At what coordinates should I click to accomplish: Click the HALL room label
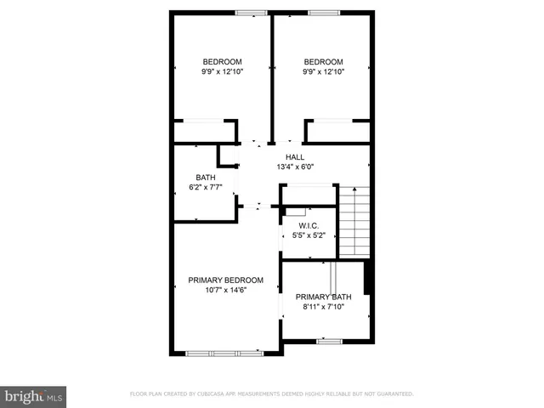pyautogui.click(x=295, y=157)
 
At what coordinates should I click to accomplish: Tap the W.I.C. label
pyautogui.click(x=309, y=225)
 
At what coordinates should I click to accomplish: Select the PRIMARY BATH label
pyautogui.click(x=323, y=297)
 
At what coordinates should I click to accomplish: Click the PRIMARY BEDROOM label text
pyautogui.click(x=225, y=280)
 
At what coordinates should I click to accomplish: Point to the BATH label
pyautogui.click(x=205, y=177)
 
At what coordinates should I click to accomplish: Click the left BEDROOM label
pyautogui.click(x=222, y=61)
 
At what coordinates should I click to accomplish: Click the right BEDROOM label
pyautogui.click(x=323, y=61)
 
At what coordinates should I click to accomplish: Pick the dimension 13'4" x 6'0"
pyautogui.click(x=295, y=167)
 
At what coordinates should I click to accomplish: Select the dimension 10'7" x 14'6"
pyautogui.click(x=225, y=291)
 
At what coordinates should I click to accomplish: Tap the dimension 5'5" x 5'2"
pyautogui.click(x=309, y=235)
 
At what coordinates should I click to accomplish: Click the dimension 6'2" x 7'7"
pyautogui.click(x=205, y=187)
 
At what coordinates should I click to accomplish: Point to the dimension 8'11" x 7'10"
pyautogui.click(x=323, y=307)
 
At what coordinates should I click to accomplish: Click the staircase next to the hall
pyautogui.click(x=354, y=221)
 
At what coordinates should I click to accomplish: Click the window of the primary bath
pyautogui.click(x=329, y=341)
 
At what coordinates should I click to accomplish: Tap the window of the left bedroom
pyautogui.click(x=251, y=12)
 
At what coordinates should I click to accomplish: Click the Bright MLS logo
pyautogui.click(x=34, y=396)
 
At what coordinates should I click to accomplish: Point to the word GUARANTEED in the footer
pyautogui.click(x=395, y=394)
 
